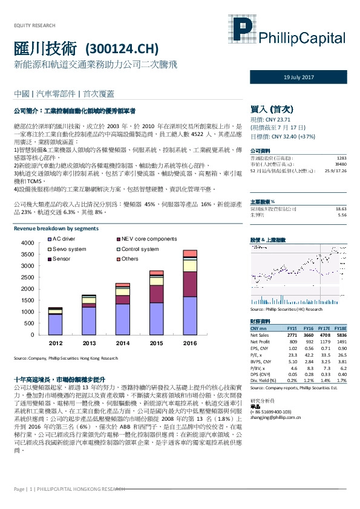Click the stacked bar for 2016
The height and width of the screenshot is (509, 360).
coord(190,293)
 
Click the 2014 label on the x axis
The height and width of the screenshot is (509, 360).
coord(123,343)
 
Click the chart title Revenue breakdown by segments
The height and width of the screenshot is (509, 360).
coord(56,229)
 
